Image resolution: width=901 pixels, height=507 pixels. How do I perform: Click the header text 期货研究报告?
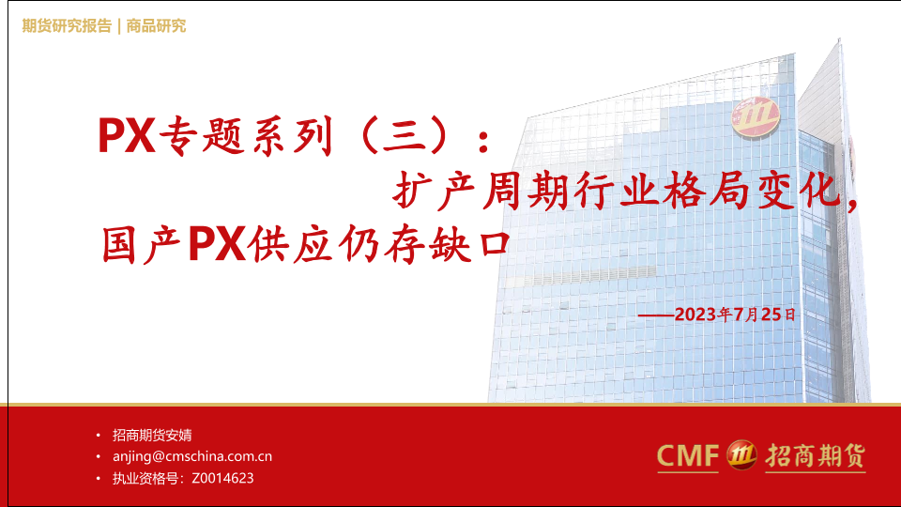point(67,26)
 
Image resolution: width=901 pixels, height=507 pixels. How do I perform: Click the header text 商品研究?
point(157,26)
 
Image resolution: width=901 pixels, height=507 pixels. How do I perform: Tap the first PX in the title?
point(127,135)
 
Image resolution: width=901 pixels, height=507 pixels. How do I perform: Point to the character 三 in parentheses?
point(405,136)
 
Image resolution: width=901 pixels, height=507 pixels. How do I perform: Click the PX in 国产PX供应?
point(217,245)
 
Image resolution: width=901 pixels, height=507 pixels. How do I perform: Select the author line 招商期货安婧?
point(152,435)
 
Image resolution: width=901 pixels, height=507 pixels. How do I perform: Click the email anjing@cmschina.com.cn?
point(192,456)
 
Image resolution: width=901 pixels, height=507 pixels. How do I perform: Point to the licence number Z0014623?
point(223,478)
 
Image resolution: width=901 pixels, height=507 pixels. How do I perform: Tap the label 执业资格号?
point(145,478)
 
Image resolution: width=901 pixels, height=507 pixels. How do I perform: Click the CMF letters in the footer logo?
point(688,456)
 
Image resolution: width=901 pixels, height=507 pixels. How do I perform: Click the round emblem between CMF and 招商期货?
point(741,455)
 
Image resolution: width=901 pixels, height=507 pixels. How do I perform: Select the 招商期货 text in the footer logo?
point(816,456)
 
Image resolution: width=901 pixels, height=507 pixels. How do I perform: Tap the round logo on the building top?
point(755,117)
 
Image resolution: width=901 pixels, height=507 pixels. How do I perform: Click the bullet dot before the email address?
point(99,456)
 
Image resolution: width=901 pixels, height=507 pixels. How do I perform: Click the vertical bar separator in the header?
point(119,26)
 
